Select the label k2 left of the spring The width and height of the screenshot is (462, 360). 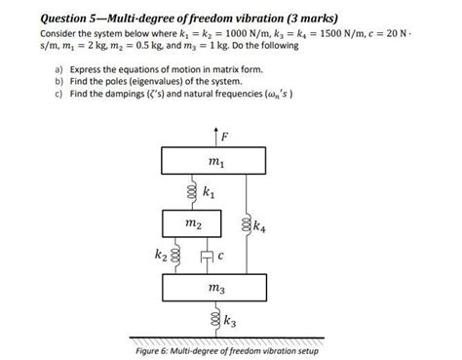tap(160, 257)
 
